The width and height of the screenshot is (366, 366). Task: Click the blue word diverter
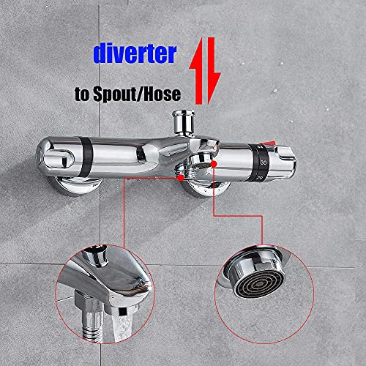[x=135, y=54]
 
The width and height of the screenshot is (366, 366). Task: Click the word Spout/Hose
[x=137, y=94]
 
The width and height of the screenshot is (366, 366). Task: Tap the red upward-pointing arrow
[x=198, y=71]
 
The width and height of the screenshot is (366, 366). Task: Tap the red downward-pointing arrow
[x=213, y=71]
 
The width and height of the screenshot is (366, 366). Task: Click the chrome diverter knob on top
[x=184, y=122]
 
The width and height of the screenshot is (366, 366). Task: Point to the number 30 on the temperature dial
[x=264, y=163]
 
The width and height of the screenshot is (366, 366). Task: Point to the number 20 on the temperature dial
[x=259, y=178]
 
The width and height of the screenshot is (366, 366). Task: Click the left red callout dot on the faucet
[x=181, y=178]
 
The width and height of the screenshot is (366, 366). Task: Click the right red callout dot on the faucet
[x=214, y=164]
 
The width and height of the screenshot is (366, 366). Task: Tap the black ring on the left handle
[x=86, y=157]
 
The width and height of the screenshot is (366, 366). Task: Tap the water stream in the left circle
[x=123, y=327]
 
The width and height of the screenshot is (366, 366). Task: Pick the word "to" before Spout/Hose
[x=82, y=94]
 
